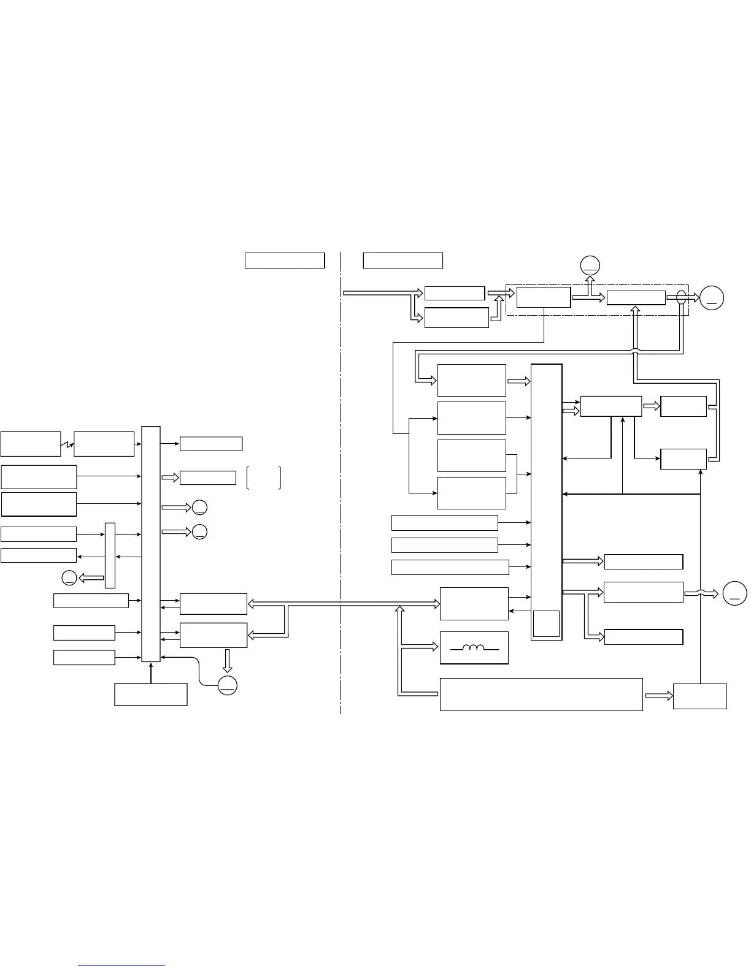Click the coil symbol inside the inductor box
click(x=474, y=647)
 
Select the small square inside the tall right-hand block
click(x=546, y=623)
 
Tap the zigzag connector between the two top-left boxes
click(x=67, y=444)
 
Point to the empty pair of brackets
click(x=263, y=478)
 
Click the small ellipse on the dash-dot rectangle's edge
click(x=680, y=298)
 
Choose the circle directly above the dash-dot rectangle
click(x=590, y=265)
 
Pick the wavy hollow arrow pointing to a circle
click(x=701, y=593)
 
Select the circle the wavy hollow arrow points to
click(x=734, y=593)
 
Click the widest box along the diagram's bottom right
click(x=541, y=694)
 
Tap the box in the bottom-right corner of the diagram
click(x=699, y=696)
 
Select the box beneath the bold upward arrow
click(x=150, y=694)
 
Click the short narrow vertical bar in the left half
click(x=110, y=555)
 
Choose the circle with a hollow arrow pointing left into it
click(x=69, y=577)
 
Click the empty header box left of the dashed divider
click(x=284, y=260)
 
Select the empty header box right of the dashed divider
click(x=402, y=260)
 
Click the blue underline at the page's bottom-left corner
click(x=122, y=965)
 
